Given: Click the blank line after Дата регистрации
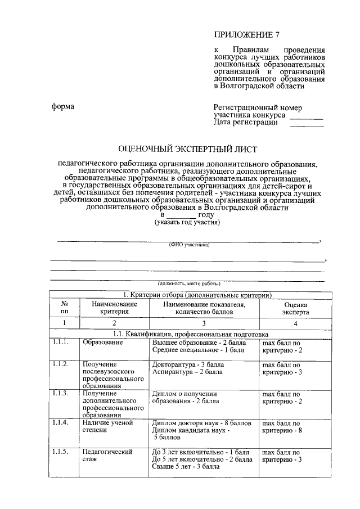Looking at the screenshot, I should pos(307,124).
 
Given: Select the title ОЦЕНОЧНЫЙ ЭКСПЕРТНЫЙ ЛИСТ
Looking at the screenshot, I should pos(187,149).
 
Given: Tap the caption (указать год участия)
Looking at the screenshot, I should pos(187,223).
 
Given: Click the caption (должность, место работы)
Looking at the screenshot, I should pos(188,283).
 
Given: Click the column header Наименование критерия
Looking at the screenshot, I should pos(115,308).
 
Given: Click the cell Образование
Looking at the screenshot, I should pos(102,342).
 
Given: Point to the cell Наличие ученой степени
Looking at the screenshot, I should pos(107,426).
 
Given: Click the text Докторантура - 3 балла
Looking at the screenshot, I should pos(188,364).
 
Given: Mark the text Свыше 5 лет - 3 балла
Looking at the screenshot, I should pos(186,466).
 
